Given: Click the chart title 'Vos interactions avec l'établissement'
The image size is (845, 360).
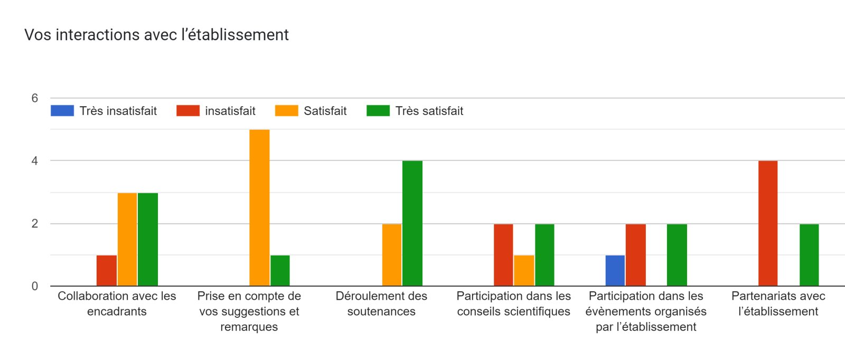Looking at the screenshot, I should pos(156,35).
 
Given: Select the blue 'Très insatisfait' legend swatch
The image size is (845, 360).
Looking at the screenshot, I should pos(62,111).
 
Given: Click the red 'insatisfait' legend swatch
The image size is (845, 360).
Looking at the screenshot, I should pos(188,111).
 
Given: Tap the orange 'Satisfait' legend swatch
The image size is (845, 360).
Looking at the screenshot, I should pos(286,111).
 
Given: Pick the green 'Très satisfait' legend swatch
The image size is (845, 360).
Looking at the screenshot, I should pos(378,111).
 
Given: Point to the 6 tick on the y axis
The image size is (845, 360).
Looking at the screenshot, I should pos(35,98).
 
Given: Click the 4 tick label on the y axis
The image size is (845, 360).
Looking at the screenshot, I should pos(35,161).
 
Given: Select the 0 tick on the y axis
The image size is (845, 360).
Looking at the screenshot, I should pos(35,286).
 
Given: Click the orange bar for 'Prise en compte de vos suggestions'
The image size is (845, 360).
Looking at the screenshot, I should pos(259,208).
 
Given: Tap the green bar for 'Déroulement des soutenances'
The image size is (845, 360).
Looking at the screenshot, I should pos(412,223).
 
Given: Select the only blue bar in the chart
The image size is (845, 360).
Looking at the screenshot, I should pos(615,271).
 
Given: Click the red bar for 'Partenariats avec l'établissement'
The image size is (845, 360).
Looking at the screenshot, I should pos(768,223).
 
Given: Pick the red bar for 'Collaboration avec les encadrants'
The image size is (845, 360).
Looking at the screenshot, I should pos(107,271).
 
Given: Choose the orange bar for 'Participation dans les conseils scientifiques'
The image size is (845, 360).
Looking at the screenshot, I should pos(524,271).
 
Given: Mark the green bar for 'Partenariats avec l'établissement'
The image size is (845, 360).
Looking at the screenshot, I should pos(809,255).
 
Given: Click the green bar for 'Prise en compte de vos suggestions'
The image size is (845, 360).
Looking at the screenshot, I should pos(280,271).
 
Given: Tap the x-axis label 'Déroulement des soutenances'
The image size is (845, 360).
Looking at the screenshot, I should pos(381,304).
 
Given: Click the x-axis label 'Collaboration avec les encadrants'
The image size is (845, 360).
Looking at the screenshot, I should pos(117,304).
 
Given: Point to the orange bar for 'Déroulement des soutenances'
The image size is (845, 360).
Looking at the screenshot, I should pos(392,255).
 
